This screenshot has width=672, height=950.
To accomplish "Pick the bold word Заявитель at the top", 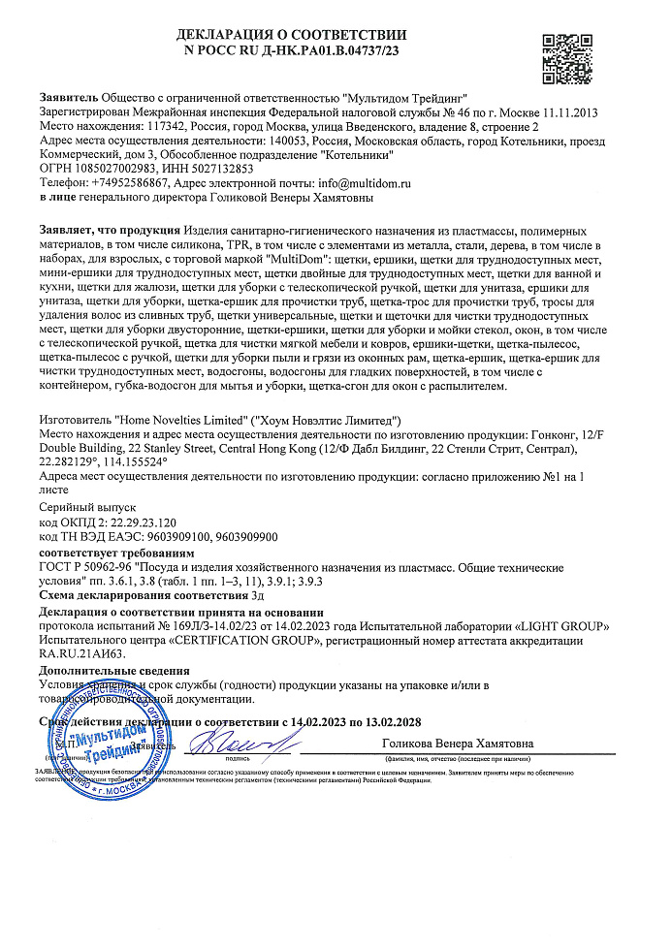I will point(69,99).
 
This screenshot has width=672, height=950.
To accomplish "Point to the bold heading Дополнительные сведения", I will point(113,671).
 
